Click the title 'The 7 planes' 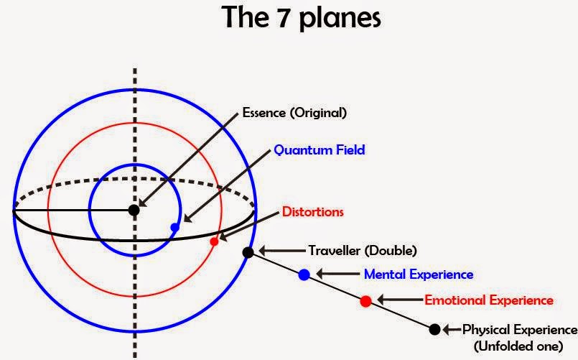pos(301,17)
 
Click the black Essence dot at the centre pos(134,210)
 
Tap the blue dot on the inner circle pos(174,227)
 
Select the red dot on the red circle pos(214,241)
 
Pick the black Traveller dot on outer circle pos(248,252)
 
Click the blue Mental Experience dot pos(304,274)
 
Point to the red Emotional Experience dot pos(365,300)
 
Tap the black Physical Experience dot pos(434,329)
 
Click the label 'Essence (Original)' pos(294,113)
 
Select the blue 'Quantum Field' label pos(319,150)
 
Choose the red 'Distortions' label pos(312,212)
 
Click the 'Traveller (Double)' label pos(363,251)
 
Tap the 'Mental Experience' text pos(419,274)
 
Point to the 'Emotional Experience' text pos(489,300)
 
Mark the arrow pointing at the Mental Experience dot pos(337,273)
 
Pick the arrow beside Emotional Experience pos(399,300)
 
